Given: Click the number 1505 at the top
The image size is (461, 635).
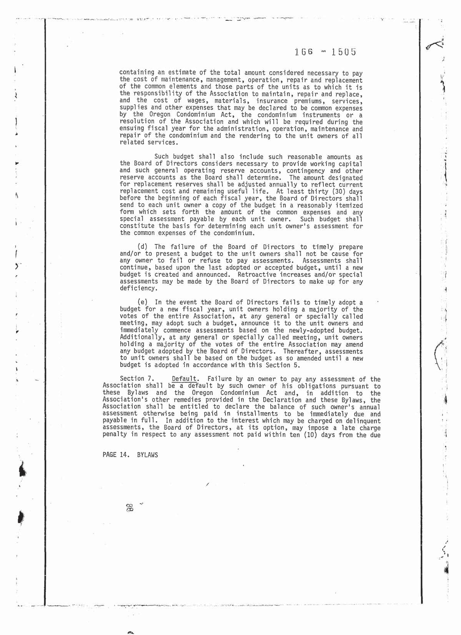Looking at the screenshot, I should point(343,52).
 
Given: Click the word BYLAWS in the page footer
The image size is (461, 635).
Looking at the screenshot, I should point(147,455).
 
